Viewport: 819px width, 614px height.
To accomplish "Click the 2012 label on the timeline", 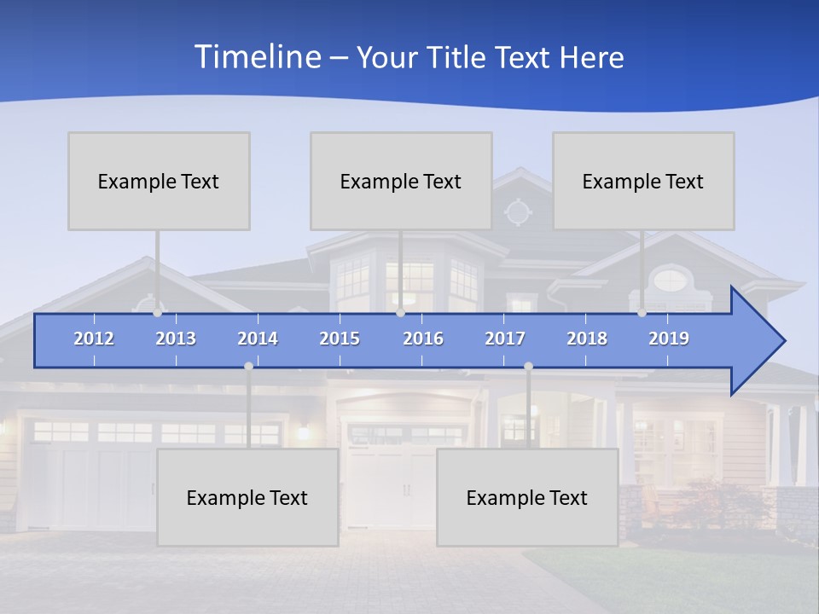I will [94, 339].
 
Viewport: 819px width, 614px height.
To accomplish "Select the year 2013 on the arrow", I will [176, 339].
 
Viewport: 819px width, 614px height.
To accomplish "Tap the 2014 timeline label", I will [258, 339].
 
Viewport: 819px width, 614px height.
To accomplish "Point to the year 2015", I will [340, 339].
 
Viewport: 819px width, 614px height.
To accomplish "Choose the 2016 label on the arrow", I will [423, 339].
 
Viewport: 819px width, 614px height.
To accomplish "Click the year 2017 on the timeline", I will [505, 339].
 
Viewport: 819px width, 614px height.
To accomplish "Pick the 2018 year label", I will [587, 339].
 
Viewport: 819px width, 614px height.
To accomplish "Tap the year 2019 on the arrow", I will [669, 339].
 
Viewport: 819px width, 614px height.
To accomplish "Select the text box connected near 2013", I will [159, 181].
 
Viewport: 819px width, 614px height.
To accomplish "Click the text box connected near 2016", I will [401, 181].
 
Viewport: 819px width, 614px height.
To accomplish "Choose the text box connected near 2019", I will [643, 181].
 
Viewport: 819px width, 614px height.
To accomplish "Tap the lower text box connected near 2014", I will [247, 497].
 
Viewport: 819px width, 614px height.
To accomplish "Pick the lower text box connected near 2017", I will [527, 497].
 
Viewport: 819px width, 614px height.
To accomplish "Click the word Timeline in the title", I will [257, 57].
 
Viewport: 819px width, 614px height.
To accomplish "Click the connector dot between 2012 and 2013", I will [157, 313].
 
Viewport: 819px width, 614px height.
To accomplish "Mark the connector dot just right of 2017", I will [528, 366].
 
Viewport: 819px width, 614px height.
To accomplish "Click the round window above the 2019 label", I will [671, 279].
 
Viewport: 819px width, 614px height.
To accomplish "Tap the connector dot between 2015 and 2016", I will [400, 313].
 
